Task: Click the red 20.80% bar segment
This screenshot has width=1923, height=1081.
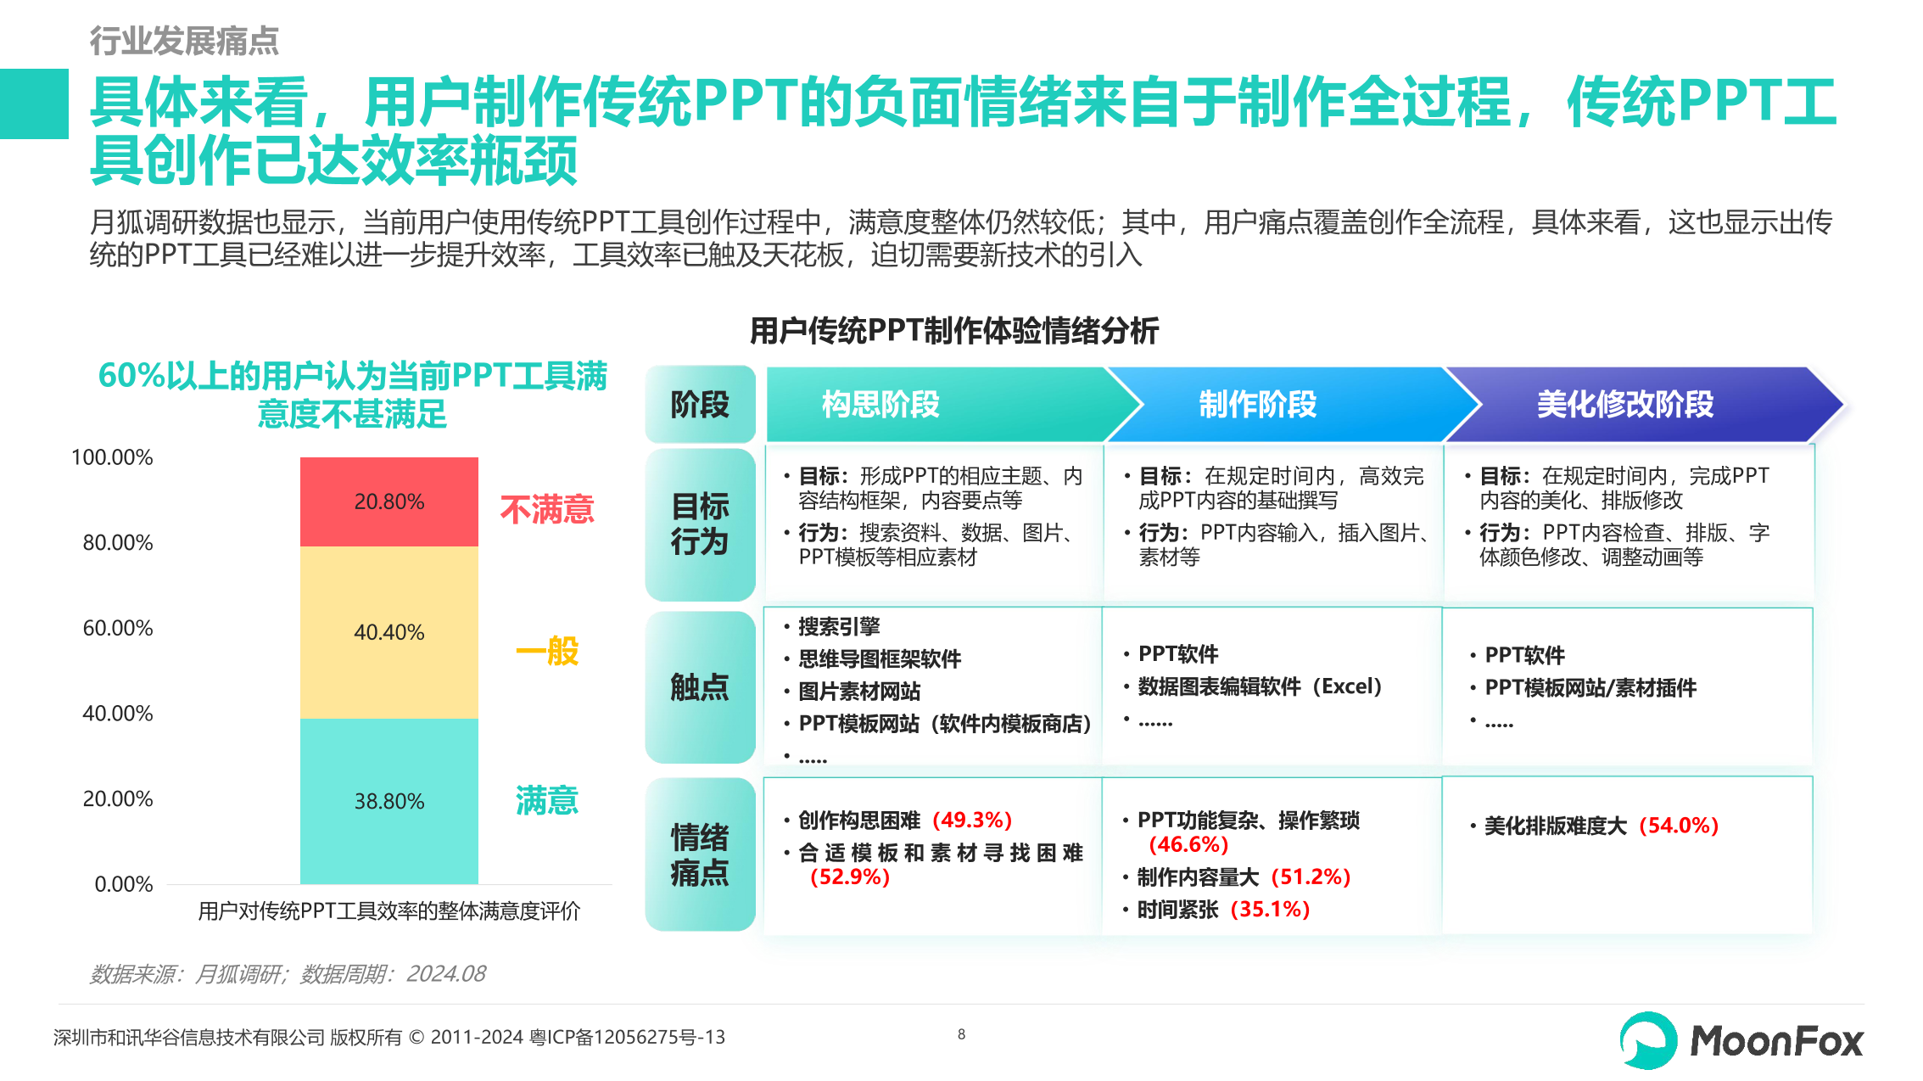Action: (x=389, y=501)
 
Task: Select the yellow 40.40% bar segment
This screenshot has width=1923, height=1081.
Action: (x=389, y=632)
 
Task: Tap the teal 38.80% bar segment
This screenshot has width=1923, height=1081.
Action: (x=389, y=801)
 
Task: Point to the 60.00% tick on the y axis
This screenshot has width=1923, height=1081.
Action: (x=118, y=629)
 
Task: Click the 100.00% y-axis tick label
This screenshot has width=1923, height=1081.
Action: (x=112, y=457)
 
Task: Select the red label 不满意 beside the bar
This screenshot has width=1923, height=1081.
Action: (x=546, y=509)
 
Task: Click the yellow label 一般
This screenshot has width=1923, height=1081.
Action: (x=547, y=652)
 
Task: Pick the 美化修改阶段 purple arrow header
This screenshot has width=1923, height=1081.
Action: (x=1624, y=404)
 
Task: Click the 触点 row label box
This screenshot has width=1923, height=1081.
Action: (x=700, y=687)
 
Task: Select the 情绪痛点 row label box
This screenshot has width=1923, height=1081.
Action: (x=700, y=854)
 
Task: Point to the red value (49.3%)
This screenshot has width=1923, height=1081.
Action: (x=972, y=821)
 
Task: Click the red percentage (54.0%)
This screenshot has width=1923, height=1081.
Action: (x=1678, y=826)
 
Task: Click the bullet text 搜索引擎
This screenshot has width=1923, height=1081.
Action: (x=839, y=626)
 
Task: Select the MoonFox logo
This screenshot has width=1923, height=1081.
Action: (x=1741, y=1040)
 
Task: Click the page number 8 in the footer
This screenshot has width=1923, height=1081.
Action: (x=961, y=1034)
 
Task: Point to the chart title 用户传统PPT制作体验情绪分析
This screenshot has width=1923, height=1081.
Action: (x=954, y=331)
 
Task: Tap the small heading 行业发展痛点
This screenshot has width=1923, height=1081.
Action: (x=184, y=40)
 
